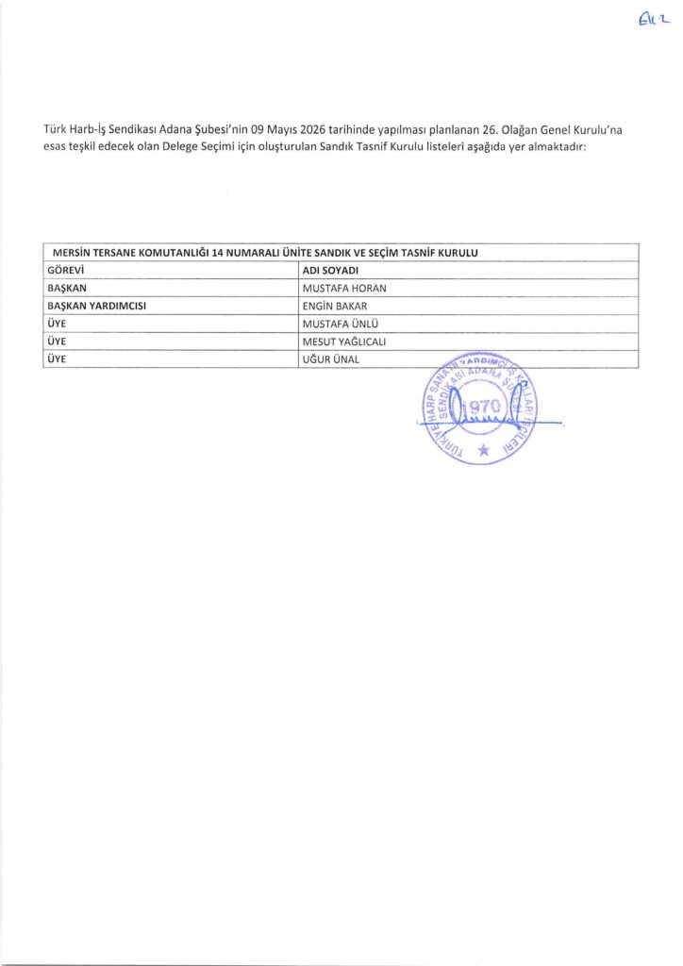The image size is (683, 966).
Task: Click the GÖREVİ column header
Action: (x=67, y=272)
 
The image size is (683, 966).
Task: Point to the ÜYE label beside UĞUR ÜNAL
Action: (x=56, y=359)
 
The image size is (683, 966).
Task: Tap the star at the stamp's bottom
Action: (x=485, y=451)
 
